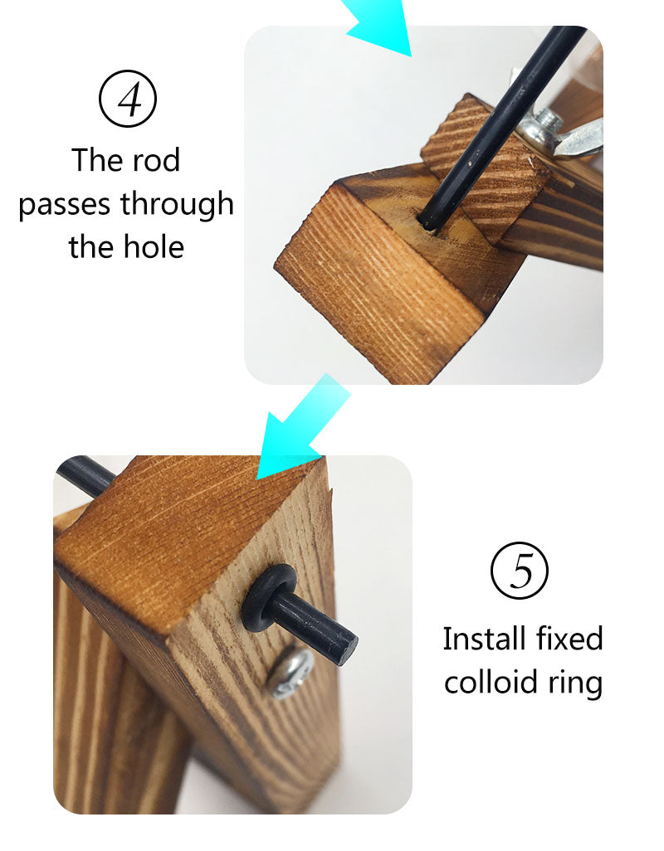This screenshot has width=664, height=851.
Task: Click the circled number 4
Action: tap(128, 99)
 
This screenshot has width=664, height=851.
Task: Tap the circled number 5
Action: tap(520, 571)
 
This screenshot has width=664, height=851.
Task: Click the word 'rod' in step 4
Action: tap(156, 161)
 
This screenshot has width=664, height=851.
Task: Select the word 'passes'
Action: tap(65, 205)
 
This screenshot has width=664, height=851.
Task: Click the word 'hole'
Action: tap(154, 246)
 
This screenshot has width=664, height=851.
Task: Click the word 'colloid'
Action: tap(492, 682)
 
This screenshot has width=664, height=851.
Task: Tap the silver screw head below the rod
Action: tap(290, 672)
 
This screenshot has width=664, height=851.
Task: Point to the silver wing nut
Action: tap(559, 133)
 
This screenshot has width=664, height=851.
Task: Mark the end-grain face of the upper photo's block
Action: tap(380, 282)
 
